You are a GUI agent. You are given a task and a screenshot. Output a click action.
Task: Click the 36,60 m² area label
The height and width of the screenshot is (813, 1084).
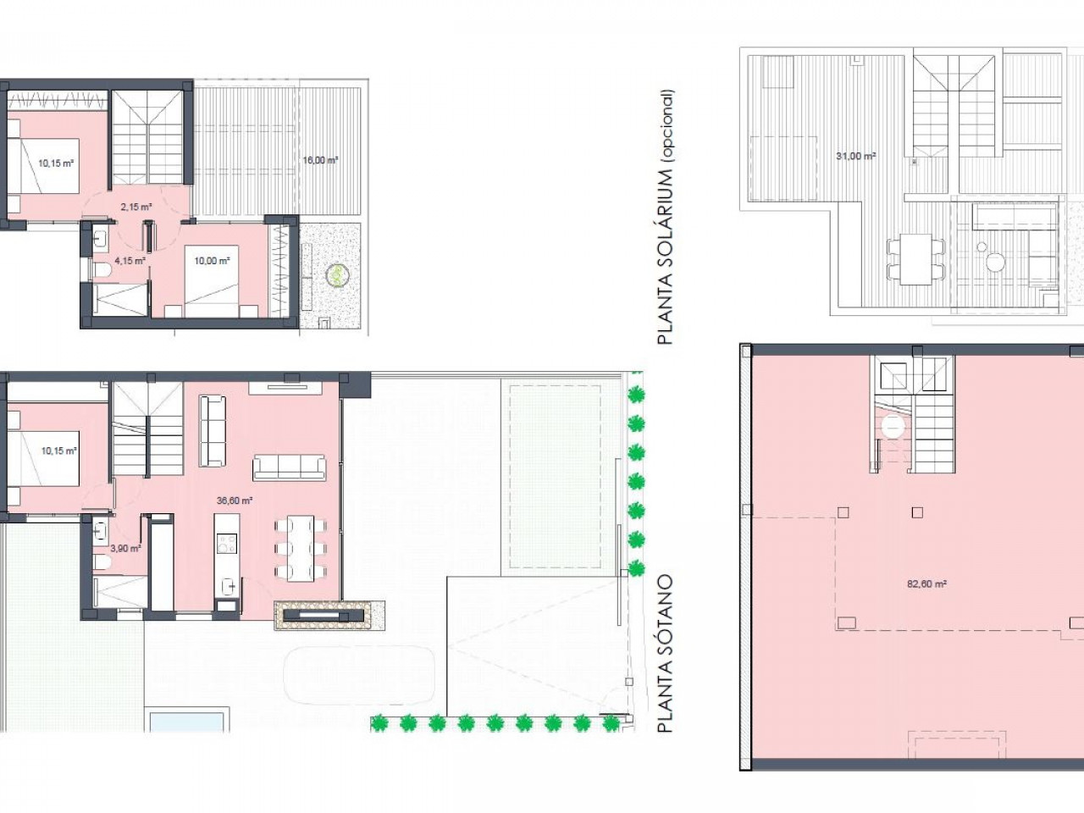(x=235, y=501)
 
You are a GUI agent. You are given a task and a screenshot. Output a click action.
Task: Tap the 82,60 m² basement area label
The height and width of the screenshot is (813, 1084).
(x=926, y=584)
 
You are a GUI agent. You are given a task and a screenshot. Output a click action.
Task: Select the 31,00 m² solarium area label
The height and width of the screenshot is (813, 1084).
(x=856, y=156)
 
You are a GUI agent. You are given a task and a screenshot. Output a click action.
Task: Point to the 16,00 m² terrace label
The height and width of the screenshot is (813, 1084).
(x=320, y=160)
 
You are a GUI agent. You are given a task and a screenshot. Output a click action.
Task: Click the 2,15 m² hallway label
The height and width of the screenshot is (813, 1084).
(x=135, y=207)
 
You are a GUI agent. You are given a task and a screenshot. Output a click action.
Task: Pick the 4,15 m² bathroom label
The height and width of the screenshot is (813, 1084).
(x=130, y=260)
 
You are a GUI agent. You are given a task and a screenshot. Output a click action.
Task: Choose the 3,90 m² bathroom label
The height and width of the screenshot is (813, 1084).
(x=125, y=548)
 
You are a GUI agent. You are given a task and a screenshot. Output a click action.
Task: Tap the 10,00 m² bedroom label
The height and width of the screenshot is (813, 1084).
(x=212, y=261)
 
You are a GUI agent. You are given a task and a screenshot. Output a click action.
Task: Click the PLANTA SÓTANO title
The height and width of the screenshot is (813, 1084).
(x=665, y=654)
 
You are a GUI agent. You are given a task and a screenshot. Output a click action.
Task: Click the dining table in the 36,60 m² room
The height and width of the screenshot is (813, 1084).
(x=301, y=549)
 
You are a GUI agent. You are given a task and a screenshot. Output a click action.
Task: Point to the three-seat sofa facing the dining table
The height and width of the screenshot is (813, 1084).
(x=290, y=467)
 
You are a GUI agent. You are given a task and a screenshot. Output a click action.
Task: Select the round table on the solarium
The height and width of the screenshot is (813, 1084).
(x=994, y=262)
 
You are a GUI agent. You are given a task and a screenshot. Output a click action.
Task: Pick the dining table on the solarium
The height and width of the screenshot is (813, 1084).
(x=915, y=258)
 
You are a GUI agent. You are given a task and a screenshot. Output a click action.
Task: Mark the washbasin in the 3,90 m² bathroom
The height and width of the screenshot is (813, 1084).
(x=101, y=530)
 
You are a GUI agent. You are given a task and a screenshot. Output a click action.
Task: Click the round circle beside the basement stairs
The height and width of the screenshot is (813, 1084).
(x=893, y=427)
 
